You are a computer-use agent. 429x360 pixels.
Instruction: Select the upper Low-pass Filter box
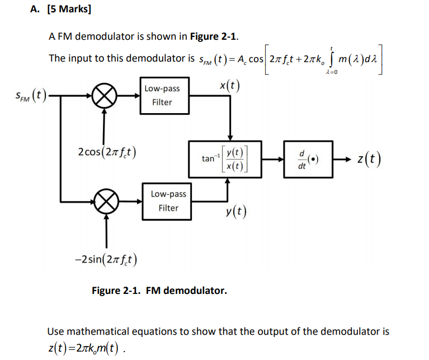(x=162, y=96)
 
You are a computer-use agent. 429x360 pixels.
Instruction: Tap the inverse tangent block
(x=225, y=159)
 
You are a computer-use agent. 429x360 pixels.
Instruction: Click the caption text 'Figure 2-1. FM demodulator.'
(x=159, y=291)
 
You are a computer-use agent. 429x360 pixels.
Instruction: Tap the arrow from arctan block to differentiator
(x=273, y=160)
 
